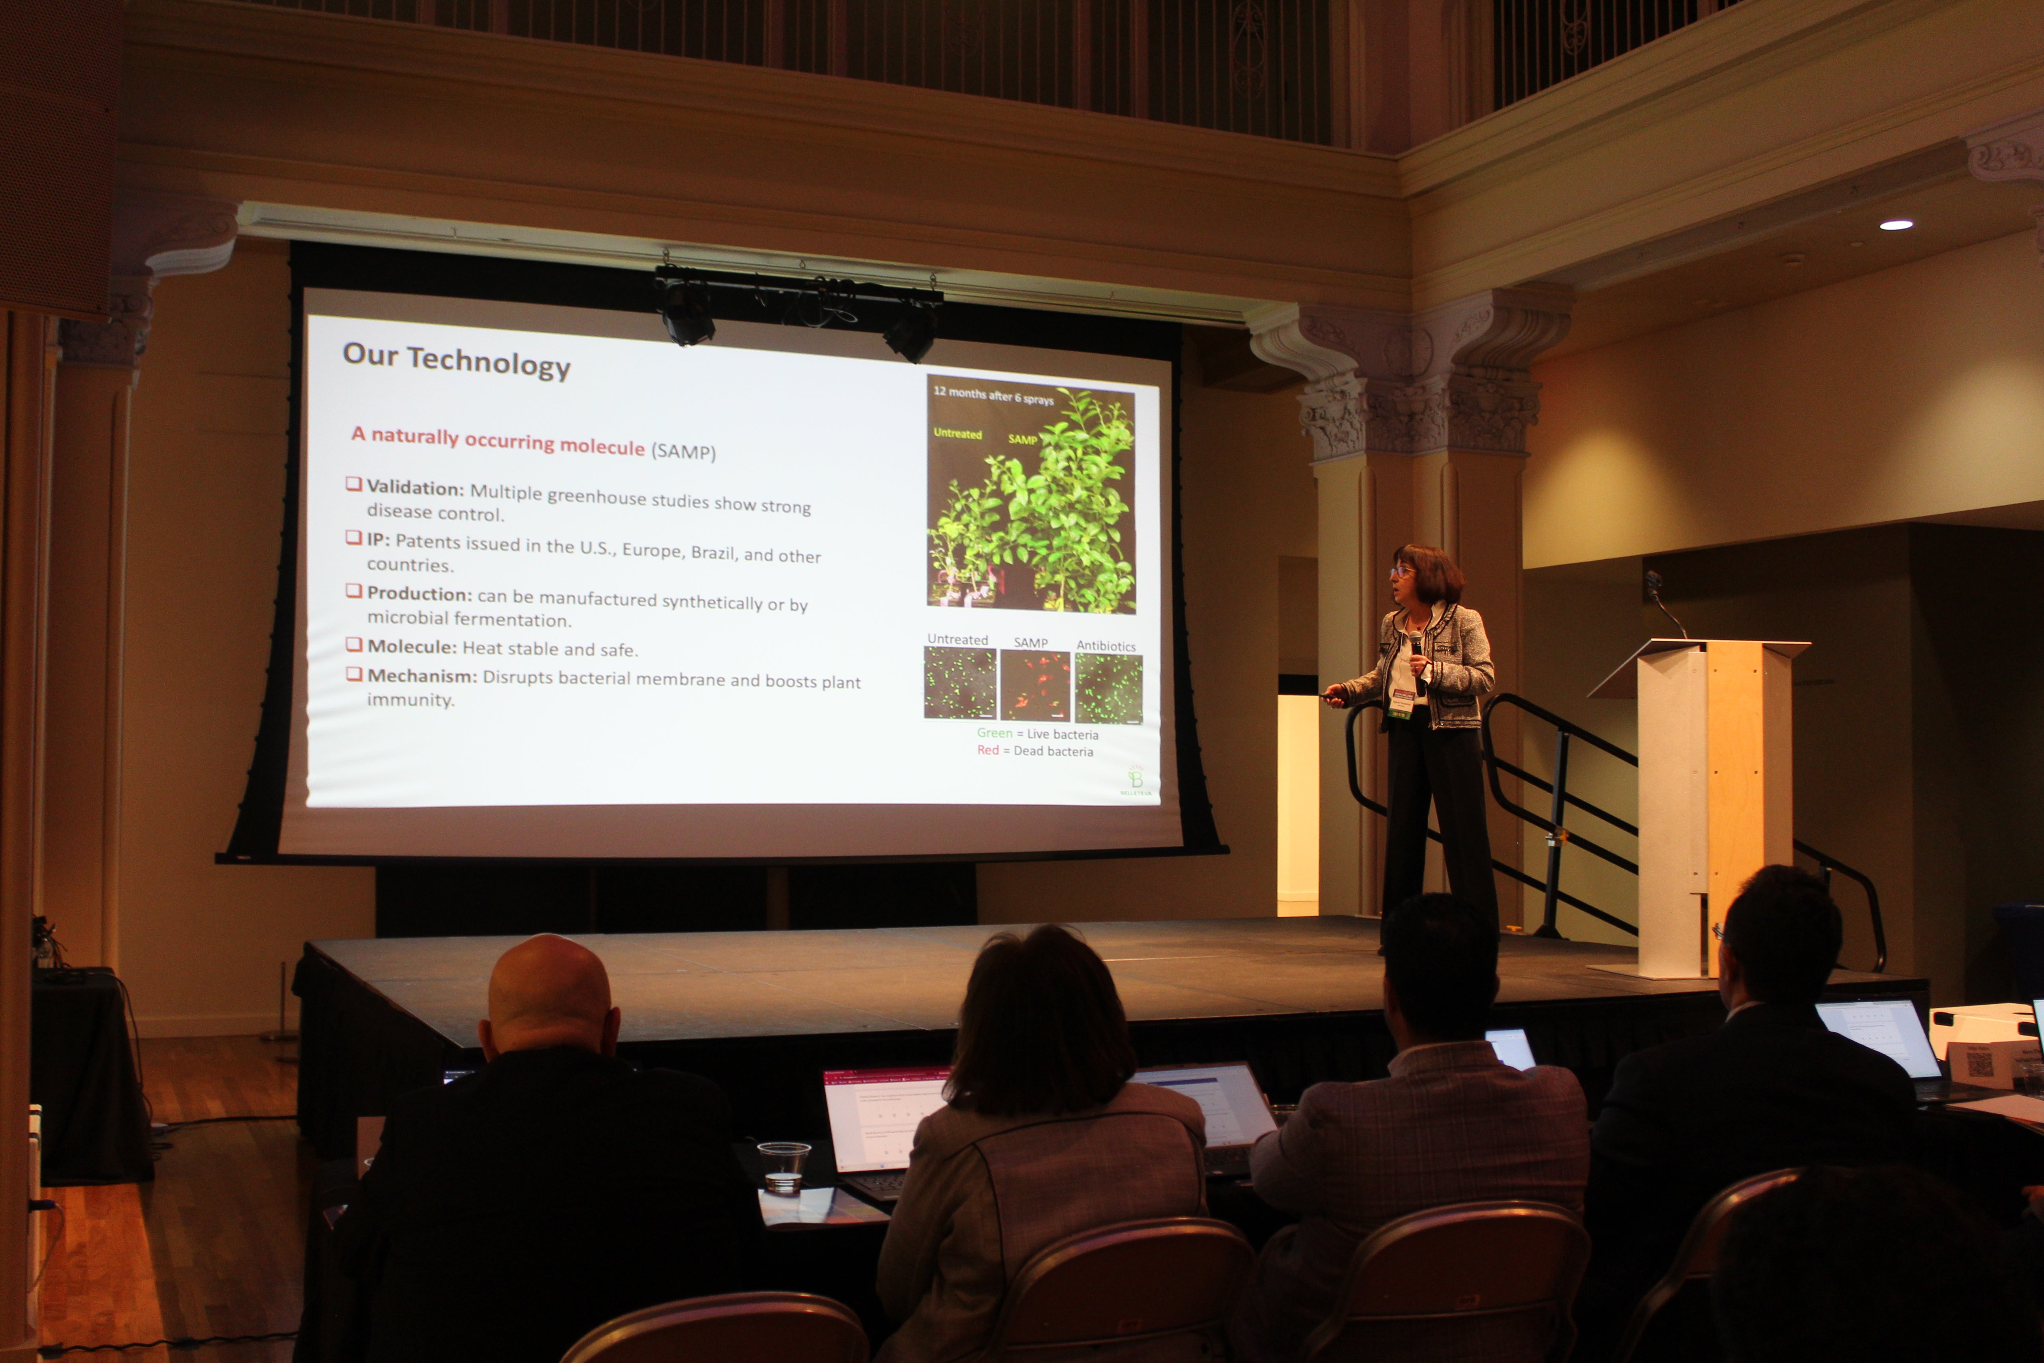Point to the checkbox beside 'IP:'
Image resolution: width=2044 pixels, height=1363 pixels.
coord(354,537)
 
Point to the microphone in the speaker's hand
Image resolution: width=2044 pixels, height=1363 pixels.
coord(1417,648)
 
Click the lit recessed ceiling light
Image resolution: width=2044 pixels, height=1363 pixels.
coord(1895,225)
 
